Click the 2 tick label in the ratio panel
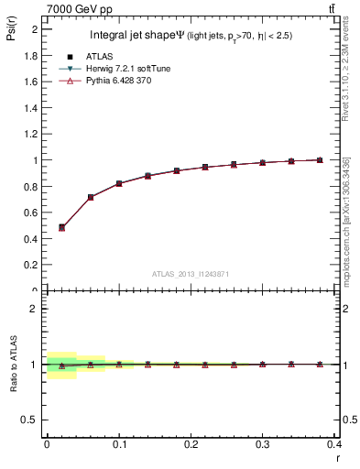coord(34,309)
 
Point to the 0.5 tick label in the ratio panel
coord(29,420)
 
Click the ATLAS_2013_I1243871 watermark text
coord(191,274)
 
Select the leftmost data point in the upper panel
coord(61,227)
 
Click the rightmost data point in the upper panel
coord(320,160)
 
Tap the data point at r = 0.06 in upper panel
coord(90,197)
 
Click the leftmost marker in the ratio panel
coord(61,365)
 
